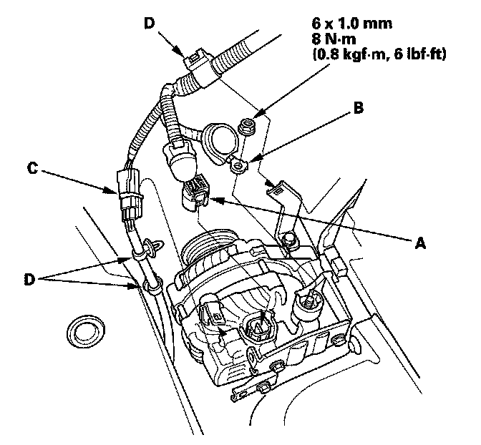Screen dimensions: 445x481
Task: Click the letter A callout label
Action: pyautogui.click(x=420, y=243)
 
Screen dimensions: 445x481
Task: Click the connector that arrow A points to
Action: pyautogui.click(x=195, y=192)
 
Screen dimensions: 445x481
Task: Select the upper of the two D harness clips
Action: pyautogui.click(x=150, y=248)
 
